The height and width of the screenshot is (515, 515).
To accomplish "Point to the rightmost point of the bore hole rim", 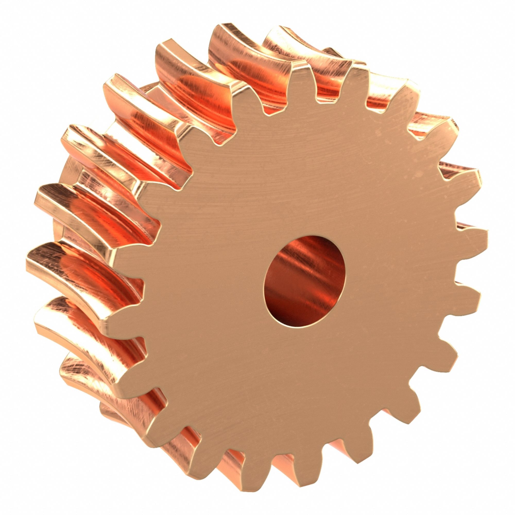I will point(346,277).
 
